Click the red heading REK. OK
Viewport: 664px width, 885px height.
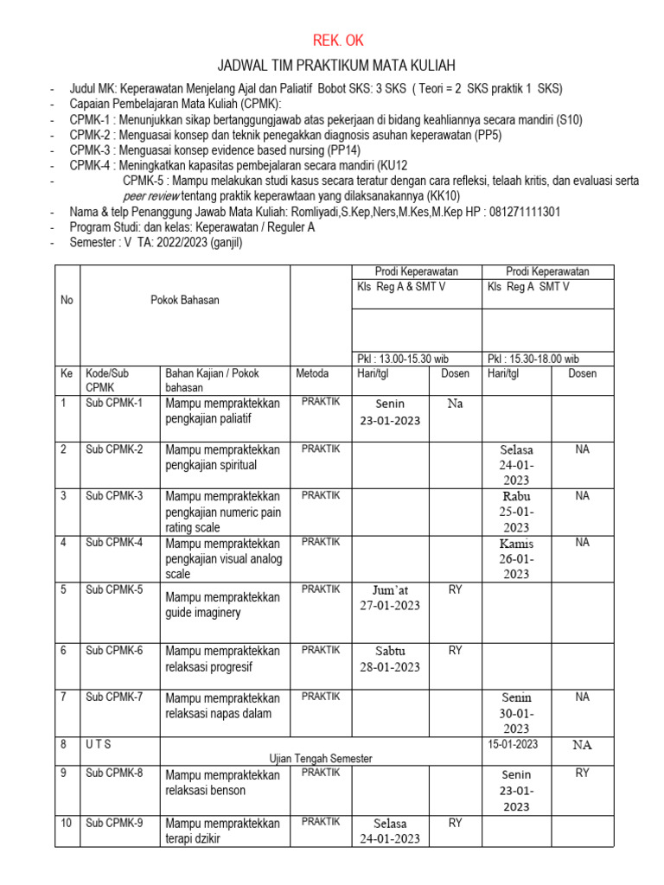[x=333, y=41]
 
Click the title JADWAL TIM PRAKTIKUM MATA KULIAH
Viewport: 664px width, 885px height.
[x=335, y=67]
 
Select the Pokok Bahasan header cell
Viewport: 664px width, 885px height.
[x=184, y=300]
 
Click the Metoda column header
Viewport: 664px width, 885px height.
[x=311, y=373]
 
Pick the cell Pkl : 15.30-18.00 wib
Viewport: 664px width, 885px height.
[x=533, y=358]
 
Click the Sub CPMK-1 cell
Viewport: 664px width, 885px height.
[x=114, y=403]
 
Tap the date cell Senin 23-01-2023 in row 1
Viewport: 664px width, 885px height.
[x=390, y=412]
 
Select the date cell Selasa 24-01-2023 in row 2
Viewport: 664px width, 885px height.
[x=516, y=464]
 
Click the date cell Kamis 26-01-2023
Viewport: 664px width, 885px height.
[x=516, y=558]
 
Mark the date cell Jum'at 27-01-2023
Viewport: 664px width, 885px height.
[x=390, y=597]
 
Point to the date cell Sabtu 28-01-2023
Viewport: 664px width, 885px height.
[x=390, y=659]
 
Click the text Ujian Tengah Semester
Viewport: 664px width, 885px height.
[x=321, y=758]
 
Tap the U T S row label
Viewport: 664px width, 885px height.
[x=99, y=744]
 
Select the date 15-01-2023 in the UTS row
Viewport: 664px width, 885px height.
[x=513, y=744]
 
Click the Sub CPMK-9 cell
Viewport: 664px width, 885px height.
[x=114, y=822]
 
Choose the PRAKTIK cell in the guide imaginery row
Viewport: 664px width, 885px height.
[x=321, y=589]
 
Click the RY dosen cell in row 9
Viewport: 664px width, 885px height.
[x=582, y=773]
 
